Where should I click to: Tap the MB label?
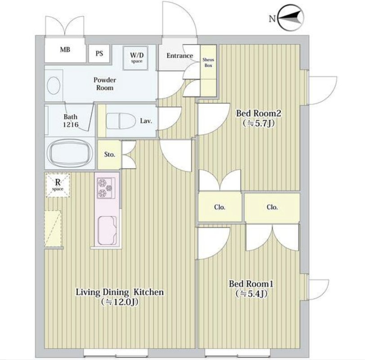[65, 49]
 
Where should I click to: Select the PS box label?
[99, 54]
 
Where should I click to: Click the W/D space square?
[137, 58]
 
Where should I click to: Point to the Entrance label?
[180, 56]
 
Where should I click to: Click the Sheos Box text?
[208, 63]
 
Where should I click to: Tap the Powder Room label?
[105, 84]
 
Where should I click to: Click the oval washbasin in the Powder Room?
[53, 85]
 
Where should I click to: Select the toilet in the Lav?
[121, 121]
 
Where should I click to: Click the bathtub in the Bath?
[70, 153]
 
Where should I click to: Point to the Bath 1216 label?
[71, 121]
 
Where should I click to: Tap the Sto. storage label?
[109, 154]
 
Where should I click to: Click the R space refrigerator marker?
[58, 185]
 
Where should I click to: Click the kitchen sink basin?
[107, 230]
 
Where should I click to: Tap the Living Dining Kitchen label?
[120, 292]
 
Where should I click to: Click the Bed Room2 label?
[258, 113]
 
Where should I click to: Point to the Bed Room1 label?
[251, 284]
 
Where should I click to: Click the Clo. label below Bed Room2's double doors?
[220, 207]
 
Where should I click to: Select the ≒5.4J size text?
[251, 294]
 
